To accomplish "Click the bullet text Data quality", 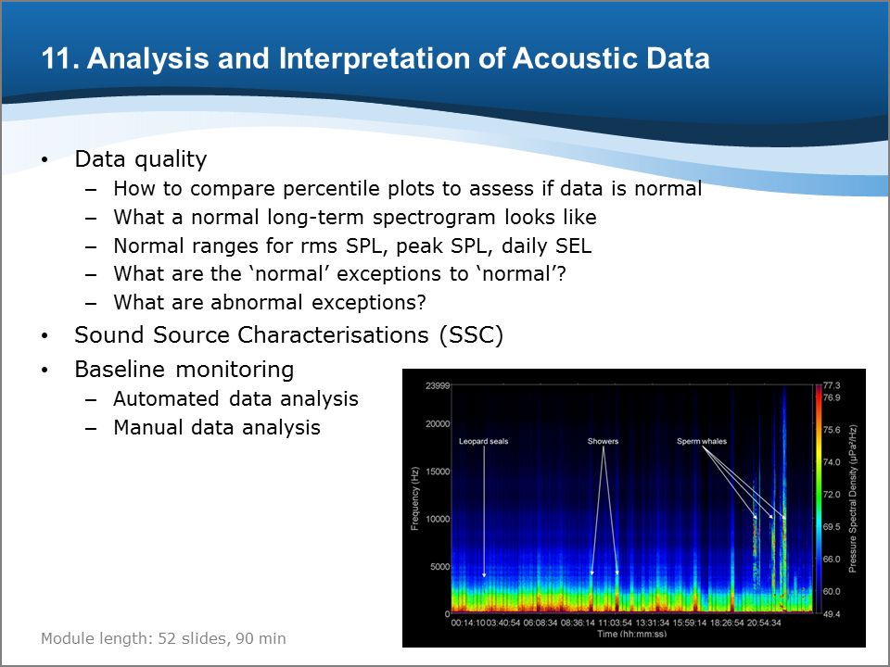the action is (140, 160).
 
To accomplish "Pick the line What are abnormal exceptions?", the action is (270, 302).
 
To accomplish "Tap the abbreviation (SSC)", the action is (471, 335).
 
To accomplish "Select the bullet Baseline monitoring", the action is (184, 370).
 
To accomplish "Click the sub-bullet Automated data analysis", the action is (235, 398).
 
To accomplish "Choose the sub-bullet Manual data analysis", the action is (217, 428).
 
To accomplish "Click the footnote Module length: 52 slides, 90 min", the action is (163, 638).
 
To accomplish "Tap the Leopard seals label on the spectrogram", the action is (484, 441).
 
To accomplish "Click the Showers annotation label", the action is (603, 441).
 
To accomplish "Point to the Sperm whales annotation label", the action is (702, 441).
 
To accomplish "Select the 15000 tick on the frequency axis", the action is (438, 472).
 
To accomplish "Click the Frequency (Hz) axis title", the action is (415, 498).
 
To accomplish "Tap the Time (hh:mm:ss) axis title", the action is (631, 634).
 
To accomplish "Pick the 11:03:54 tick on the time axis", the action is (616, 623).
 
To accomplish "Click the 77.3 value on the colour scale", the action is (832, 385).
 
